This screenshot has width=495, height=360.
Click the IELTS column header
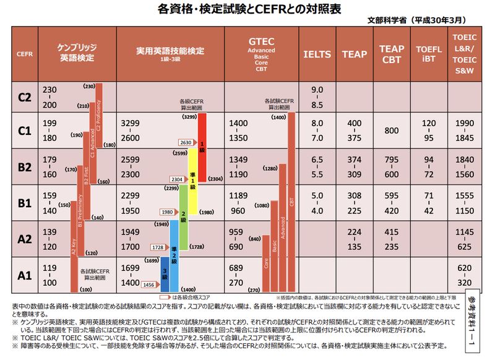pos(317,54)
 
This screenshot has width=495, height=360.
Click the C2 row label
pos(25,97)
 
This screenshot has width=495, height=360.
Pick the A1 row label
pos(25,275)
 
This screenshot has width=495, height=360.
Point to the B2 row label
pos(25,167)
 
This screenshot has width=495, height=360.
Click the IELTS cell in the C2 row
pos(317,97)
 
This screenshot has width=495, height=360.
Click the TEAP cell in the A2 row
pos(355,239)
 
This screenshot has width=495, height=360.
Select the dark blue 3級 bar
pos(165,276)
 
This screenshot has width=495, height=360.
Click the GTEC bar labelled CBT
pos(292,201)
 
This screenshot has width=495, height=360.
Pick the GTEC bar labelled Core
pos(266,263)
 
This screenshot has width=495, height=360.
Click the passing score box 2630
pos(186,142)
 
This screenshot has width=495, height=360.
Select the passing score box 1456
pos(148,285)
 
